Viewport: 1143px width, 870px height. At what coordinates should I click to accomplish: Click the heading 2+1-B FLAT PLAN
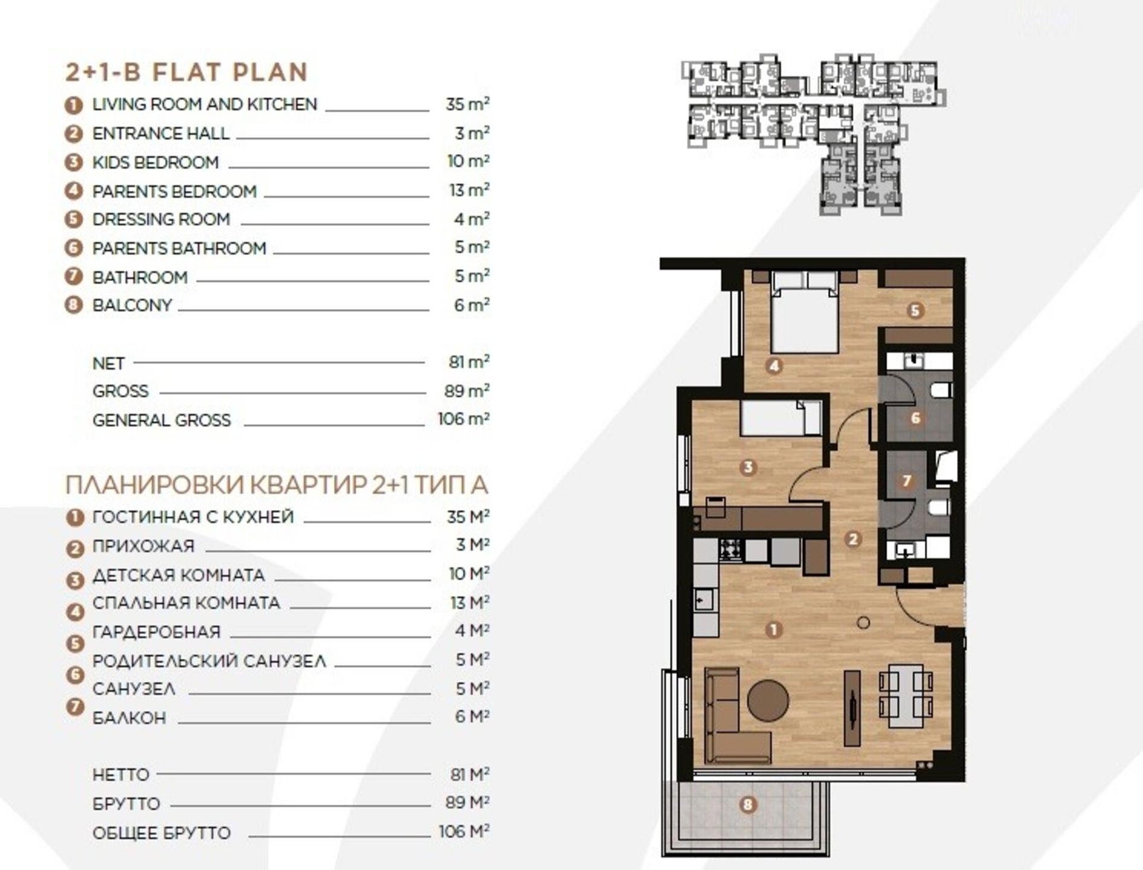pyautogui.click(x=187, y=72)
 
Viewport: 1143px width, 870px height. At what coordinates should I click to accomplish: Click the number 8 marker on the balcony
pyautogui.click(x=748, y=805)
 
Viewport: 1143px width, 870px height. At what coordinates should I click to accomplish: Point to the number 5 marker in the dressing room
pyautogui.click(x=915, y=311)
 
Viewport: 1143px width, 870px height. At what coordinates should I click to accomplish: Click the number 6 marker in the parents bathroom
pyautogui.click(x=915, y=417)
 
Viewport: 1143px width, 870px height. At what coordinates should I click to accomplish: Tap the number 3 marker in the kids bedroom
pyautogui.click(x=748, y=467)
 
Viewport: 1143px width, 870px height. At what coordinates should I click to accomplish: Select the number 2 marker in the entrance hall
pyautogui.click(x=853, y=539)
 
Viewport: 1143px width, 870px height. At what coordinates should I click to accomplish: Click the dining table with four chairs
pyautogui.click(x=906, y=697)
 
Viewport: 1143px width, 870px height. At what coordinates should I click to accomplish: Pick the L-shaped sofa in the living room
pyautogui.click(x=731, y=716)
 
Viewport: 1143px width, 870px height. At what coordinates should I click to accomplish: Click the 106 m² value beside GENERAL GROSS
pyautogui.click(x=463, y=419)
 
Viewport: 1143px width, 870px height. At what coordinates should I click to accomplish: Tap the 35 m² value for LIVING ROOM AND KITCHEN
pyautogui.click(x=467, y=104)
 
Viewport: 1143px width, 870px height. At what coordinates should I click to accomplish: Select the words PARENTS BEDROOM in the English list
pyautogui.click(x=175, y=192)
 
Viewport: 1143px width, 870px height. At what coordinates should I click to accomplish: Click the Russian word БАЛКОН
pyautogui.click(x=129, y=718)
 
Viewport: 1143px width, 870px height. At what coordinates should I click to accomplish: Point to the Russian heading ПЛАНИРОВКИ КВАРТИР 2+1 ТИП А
pyautogui.click(x=277, y=485)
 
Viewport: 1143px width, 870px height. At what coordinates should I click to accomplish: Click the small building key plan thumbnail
pyautogui.click(x=813, y=134)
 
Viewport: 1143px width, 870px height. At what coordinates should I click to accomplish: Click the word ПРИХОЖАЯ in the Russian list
pyautogui.click(x=143, y=546)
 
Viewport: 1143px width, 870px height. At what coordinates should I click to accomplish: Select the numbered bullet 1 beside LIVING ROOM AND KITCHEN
pyautogui.click(x=73, y=106)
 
